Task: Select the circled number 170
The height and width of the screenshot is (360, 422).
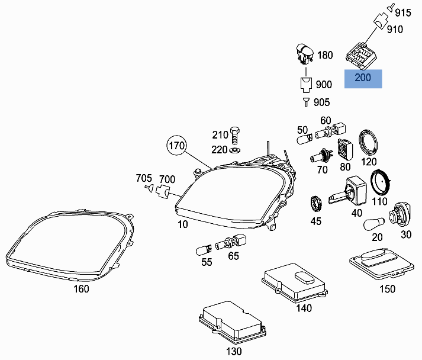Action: pos(176,146)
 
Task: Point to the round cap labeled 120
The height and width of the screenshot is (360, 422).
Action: pos(370,143)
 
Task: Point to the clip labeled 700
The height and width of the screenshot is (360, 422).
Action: pos(163,191)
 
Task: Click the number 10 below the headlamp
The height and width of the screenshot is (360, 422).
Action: pos(182,225)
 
